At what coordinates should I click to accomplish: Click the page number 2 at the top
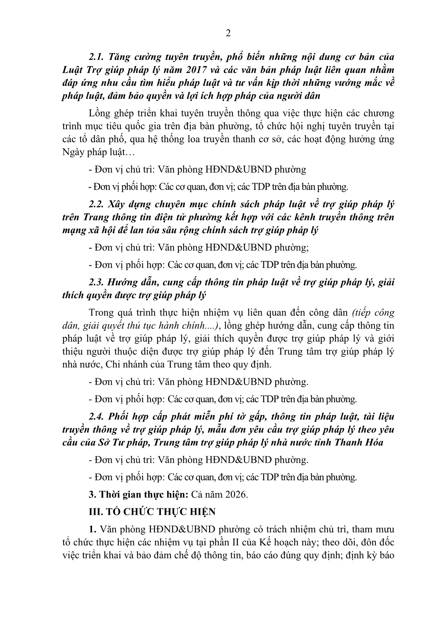228,33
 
